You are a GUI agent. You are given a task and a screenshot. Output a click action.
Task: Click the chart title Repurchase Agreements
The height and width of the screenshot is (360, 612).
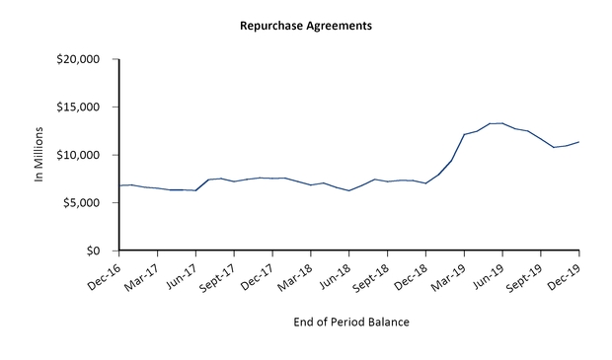pyautogui.click(x=306, y=26)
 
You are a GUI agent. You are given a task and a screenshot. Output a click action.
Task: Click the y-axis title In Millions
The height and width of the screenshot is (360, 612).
pyautogui.click(x=40, y=156)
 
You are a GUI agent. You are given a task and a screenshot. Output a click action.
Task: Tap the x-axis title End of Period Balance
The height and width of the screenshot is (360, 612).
pyautogui.click(x=351, y=322)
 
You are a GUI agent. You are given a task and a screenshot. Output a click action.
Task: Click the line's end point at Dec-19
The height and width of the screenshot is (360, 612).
pyautogui.click(x=578, y=142)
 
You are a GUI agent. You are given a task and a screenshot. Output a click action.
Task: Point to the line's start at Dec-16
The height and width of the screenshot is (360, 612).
pyautogui.click(x=119, y=185)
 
